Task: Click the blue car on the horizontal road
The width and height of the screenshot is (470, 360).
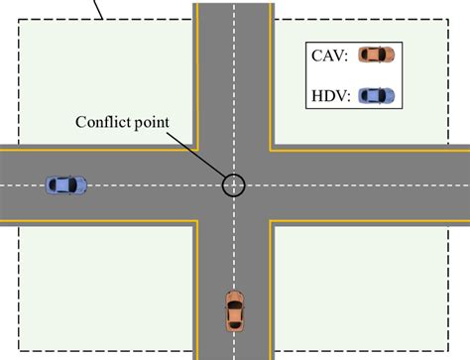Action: coord(66,184)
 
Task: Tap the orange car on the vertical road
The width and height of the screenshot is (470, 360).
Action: coord(234,310)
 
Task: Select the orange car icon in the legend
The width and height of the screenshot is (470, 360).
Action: coord(376,55)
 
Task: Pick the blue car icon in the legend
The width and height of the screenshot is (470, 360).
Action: coord(376,95)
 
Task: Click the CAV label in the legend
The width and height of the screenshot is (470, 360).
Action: coord(328,56)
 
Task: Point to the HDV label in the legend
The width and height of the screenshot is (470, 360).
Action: coord(328,96)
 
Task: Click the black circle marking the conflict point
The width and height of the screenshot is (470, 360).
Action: coord(234,184)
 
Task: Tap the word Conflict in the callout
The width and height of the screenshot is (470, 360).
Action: coord(103,122)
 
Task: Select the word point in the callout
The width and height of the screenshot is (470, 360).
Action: coord(151,123)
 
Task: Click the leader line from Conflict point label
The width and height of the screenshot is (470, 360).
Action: coord(198,154)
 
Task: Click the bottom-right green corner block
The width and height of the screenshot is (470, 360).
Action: coord(367,288)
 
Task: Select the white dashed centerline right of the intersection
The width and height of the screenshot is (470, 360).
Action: coord(367,184)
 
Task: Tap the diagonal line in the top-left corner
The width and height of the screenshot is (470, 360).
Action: coord(97,10)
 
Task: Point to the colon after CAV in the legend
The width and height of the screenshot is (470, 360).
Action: coord(349,57)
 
